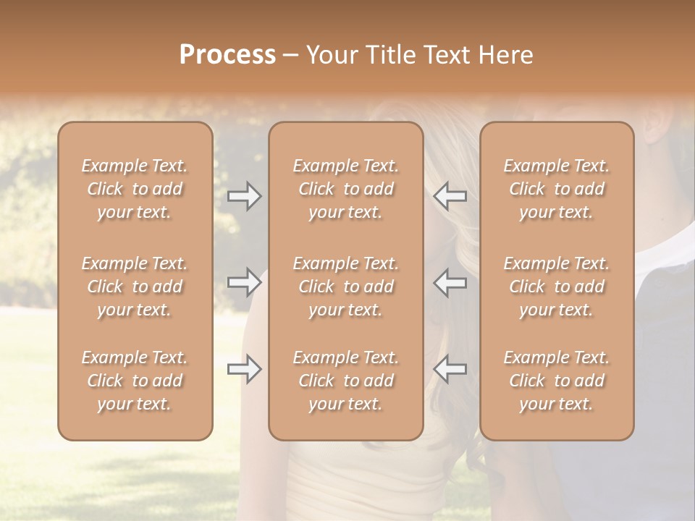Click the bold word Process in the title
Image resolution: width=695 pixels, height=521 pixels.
click(227, 55)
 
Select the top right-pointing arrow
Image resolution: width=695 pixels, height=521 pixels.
click(245, 196)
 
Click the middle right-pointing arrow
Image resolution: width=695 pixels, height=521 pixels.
click(245, 281)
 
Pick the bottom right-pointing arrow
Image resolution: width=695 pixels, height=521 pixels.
click(245, 369)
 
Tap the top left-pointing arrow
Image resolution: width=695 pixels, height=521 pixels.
click(450, 196)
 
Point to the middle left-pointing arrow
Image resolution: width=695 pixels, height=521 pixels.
click(450, 281)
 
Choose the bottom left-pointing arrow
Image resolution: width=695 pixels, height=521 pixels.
click(450, 369)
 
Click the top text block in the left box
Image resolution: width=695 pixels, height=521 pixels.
click(135, 189)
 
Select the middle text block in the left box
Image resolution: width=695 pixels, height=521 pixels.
click(135, 287)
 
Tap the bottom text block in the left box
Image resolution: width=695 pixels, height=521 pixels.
click(135, 381)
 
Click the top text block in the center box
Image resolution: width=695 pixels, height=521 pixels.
click(346, 189)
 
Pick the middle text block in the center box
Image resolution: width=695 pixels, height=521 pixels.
click(346, 287)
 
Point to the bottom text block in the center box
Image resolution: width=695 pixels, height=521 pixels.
click(346, 381)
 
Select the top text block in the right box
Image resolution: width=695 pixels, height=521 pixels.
click(557, 189)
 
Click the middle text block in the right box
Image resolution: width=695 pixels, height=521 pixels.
click(557, 287)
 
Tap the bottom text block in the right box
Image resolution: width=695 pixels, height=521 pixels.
click(557, 381)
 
